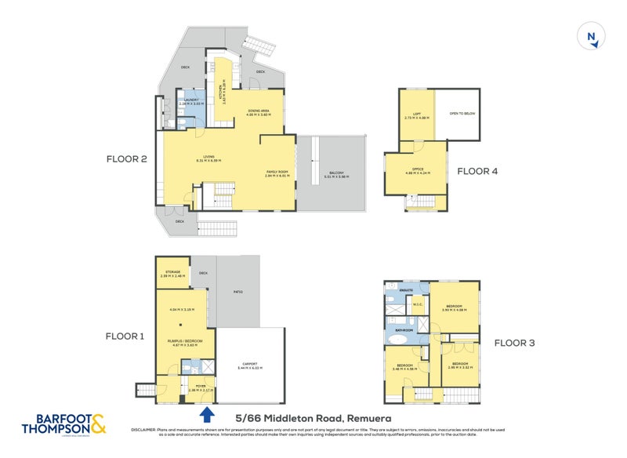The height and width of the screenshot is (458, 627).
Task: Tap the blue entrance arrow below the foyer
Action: (x=207, y=413)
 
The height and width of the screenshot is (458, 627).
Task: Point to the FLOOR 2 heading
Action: (x=127, y=158)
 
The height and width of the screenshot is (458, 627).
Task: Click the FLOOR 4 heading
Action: (x=477, y=170)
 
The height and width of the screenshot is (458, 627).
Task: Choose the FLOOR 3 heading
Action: (x=514, y=342)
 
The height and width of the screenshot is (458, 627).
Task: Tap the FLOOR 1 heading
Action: (x=126, y=336)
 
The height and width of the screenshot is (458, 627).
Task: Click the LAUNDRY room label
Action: (x=191, y=100)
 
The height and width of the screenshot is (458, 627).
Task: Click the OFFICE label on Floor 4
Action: (x=415, y=169)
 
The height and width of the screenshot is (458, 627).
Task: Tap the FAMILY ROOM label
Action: (x=277, y=173)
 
